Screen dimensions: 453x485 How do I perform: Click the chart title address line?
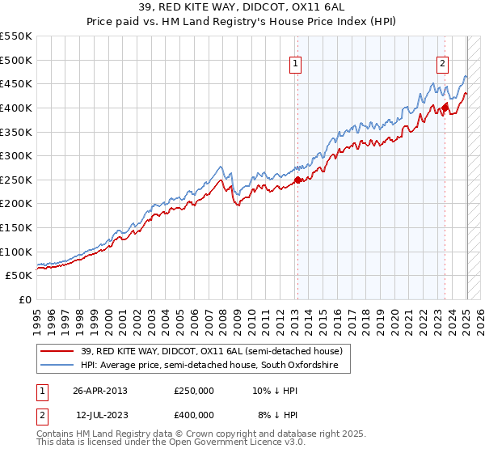pyautogui.click(x=242, y=8)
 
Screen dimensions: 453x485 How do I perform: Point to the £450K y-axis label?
pyautogui.click(x=16, y=83)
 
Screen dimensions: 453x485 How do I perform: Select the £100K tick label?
pyautogui.click(x=16, y=252)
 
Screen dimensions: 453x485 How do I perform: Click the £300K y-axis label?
pyautogui.click(x=16, y=155)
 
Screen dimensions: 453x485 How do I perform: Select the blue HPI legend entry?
pyautogui.click(x=215, y=366)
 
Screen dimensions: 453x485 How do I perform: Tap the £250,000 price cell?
pyautogui.click(x=194, y=391)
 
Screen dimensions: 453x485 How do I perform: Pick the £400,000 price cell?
pyautogui.click(x=194, y=415)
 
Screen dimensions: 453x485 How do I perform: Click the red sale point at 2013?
pyautogui.click(x=297, y=180)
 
